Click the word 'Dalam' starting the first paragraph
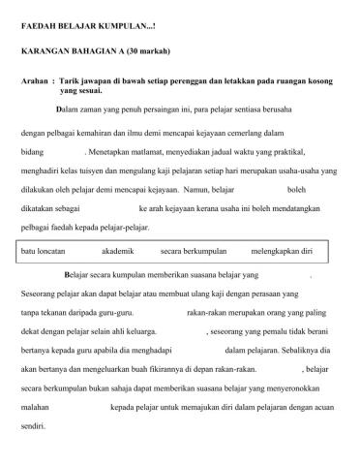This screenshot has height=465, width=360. [68, 108]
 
